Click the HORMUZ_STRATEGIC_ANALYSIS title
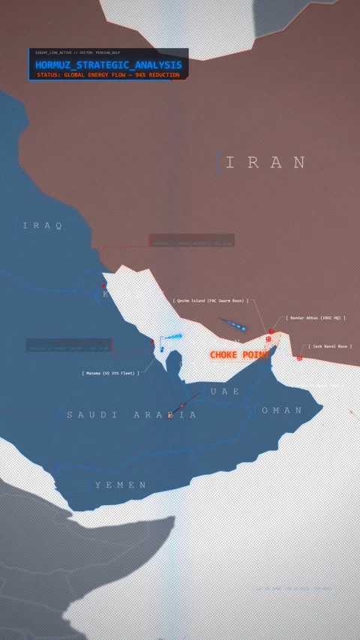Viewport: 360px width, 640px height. click(x=108, y=65)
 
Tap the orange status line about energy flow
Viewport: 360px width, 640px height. click(x=108, y=75)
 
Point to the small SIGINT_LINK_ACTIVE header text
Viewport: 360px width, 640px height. click(x=77, y=53)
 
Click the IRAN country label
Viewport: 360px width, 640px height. click(x=266, y=163)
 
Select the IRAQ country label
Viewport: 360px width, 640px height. click(x=43, y=226)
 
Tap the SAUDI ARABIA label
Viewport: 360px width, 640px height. click(x=131, y=415)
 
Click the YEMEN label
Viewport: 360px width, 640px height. click(x=121, y=485)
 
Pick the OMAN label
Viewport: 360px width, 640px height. click(x=282, y=410)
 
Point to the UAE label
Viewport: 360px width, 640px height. click(x=225, y=392)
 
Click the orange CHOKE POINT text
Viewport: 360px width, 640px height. click(x=238, y=355)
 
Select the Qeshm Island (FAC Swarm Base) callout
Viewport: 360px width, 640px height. click(x=211, y=301)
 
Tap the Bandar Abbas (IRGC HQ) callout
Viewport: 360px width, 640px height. click(x=316, y=318)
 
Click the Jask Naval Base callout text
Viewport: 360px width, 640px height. click(x=330, y=347)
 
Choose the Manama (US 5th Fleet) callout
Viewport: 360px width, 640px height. click(x=111, y=373)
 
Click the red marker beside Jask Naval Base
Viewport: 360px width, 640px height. click(x=299, y=357)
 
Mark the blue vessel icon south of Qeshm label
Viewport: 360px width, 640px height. click(x=241, y=328)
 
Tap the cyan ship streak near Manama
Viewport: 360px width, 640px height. click(x=172, y=337)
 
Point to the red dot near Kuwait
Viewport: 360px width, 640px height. click(x=103, y=286)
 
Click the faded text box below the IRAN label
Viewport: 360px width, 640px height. click(x=191, y=241)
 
